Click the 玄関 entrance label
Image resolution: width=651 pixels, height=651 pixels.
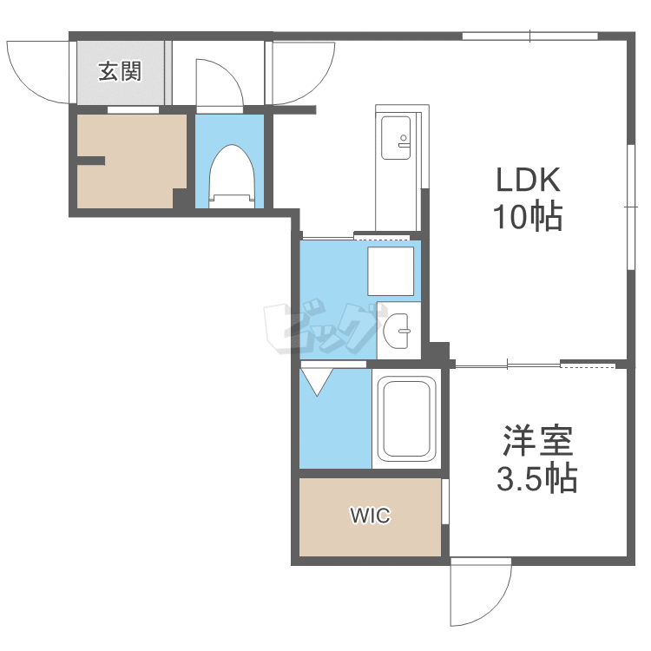coord(120,71)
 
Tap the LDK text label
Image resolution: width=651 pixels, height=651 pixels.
coord(528,180)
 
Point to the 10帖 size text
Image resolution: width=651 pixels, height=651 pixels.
coord(527,216)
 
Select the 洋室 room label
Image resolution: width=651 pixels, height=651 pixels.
coord(538,441)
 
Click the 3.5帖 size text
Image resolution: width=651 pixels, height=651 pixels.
coord(537,478)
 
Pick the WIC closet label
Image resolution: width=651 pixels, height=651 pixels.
coord(370,516)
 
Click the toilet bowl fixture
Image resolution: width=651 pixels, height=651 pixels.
coord(232,176)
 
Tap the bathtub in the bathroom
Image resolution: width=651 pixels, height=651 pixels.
coord(406,418)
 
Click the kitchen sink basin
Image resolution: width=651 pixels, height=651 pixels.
coord(396,137)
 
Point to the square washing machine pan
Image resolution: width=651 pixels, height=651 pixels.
coord(391,271)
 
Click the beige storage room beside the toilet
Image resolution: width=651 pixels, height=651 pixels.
coord(132,161)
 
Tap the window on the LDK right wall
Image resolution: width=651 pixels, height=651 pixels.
coord(631,207)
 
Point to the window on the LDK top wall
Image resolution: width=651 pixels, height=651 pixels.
coord(529,36)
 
